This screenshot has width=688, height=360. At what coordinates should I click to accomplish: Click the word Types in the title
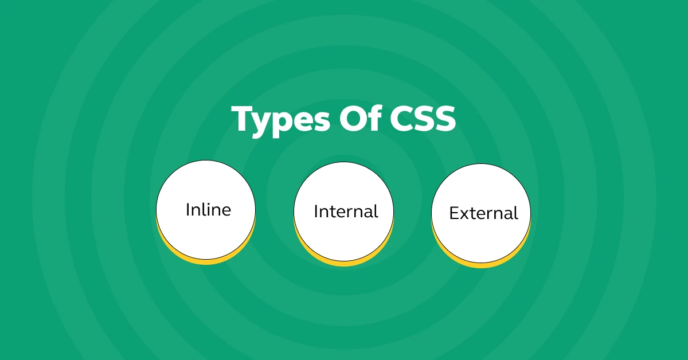coord(281,121)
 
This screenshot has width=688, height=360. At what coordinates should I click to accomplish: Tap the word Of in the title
coord(360,118)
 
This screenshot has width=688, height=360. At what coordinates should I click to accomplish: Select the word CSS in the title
coord(423,119)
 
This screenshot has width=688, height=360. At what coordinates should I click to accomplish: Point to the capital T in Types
coord(244,119)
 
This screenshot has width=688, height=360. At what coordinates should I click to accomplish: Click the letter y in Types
coord(265,125)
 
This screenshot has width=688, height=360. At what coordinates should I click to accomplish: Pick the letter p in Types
coord(290,125)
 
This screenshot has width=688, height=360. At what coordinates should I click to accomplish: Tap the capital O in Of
coord(352,119)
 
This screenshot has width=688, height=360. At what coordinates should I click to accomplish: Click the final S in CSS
coord(445,119)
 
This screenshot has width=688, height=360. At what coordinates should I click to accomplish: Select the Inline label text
coord(208,210)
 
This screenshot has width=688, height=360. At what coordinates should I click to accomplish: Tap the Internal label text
coord(346,212)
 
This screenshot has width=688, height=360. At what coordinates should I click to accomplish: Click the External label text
coord(483,213)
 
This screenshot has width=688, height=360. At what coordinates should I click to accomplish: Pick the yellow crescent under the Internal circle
coord(343,263)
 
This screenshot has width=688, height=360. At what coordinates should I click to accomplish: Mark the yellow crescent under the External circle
coord(481,264)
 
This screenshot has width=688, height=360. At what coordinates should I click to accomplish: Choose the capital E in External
coord(454,213)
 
